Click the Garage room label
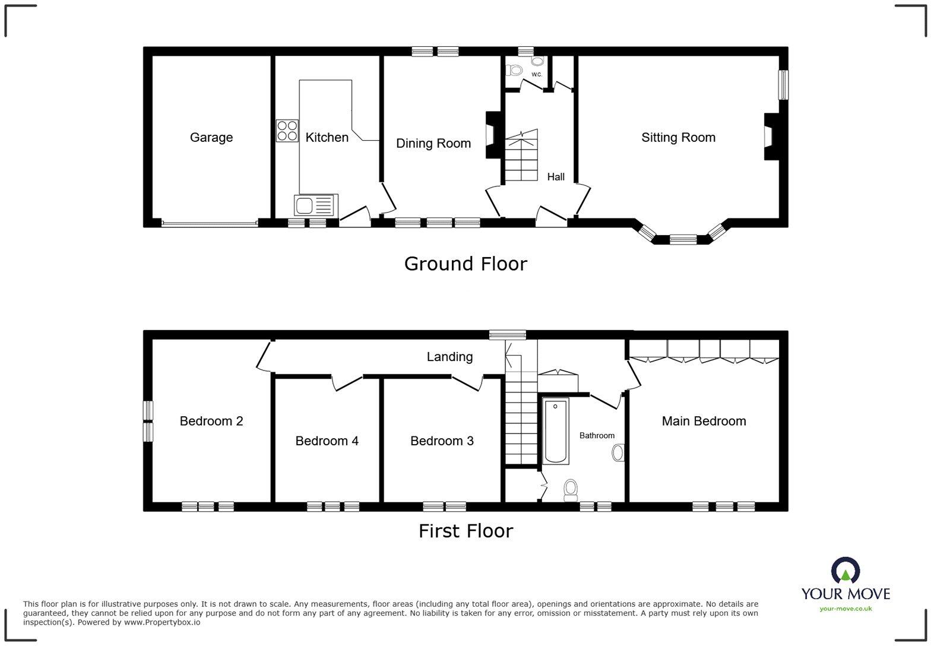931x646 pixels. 211,137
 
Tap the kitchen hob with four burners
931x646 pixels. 287,131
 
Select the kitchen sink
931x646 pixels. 315,205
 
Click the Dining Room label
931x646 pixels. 433,143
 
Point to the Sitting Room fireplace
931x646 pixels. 769,137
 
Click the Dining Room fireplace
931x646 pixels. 492,135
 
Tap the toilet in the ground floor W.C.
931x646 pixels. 514,70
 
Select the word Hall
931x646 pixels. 556,176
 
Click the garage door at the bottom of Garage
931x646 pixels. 210,224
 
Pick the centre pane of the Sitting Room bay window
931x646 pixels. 683,240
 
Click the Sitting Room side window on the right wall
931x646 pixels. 784,85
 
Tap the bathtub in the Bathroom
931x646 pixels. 556,431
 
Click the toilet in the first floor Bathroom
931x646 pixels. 571,489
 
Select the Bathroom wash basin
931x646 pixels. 618,453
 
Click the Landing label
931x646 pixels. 449,356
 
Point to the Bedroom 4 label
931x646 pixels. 327,441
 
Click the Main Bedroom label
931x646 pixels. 704,421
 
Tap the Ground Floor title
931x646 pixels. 465,264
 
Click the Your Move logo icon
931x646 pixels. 845,571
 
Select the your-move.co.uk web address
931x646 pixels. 845,609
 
